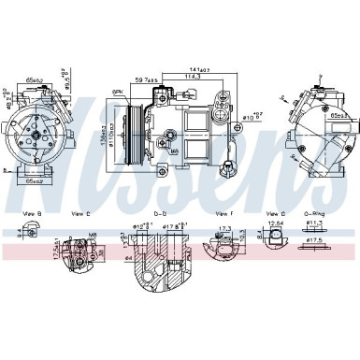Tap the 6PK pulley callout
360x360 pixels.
[118, 91]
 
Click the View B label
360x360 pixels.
[35, 215]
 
